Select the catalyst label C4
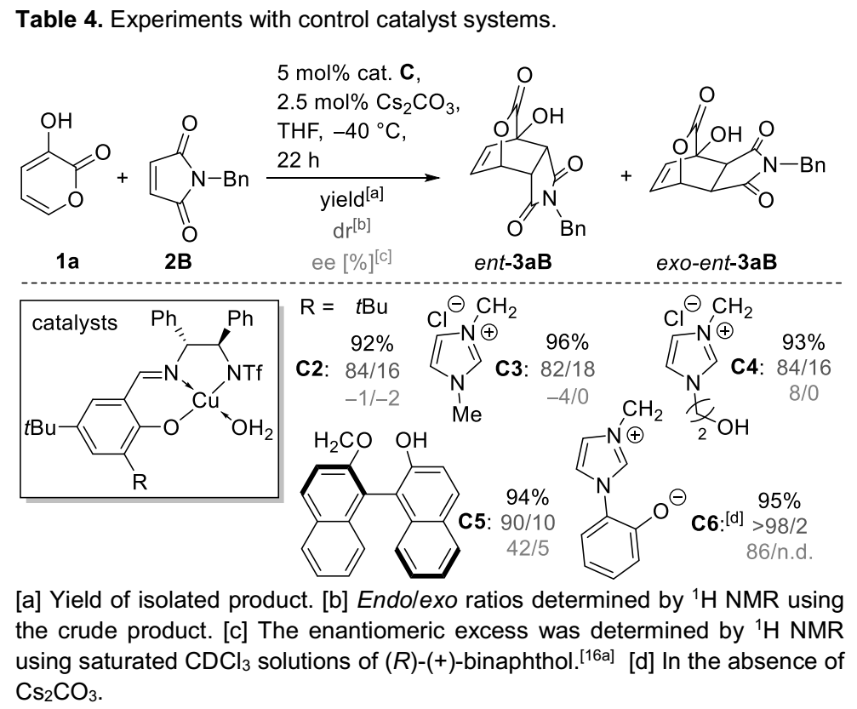click(750, 371)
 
